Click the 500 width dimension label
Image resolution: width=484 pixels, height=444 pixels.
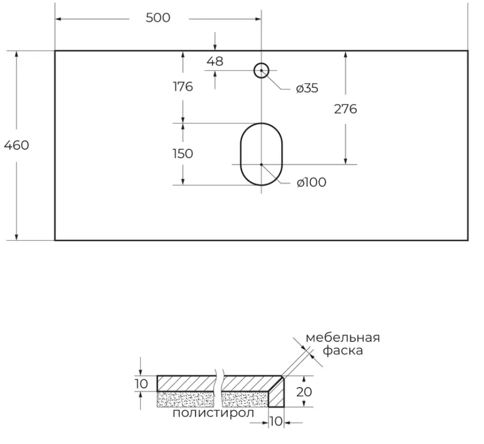tap(158, 18)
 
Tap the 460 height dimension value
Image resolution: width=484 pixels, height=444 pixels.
tap(16, 145)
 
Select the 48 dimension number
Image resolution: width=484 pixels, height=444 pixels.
tap(215, 61)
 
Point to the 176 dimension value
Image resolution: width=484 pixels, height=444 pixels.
tap(183, 87)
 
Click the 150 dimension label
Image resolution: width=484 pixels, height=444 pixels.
tap(183, 153)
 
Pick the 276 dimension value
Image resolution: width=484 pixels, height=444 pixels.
tap(345, 109)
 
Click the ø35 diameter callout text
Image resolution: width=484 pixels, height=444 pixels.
tap(307, 88)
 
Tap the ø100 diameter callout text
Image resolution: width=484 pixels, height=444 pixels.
tap(311, 183)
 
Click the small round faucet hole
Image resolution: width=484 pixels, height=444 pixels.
tap(262, 64)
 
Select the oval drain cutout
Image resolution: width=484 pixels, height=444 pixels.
tap(241, 155)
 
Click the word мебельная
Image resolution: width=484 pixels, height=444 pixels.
tap(343, 338)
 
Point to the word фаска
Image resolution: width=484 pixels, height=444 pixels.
tap(343, 350)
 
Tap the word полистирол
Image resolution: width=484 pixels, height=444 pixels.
tap(213, 413)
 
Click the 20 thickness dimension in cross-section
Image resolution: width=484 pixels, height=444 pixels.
tap(304, 392)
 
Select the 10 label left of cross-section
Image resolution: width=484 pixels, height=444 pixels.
tap(141, 384)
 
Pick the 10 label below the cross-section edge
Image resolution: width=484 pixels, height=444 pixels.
tap(276, 421)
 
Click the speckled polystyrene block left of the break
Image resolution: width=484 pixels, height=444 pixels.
tap(185, 399)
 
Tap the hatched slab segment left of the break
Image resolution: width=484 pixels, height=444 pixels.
tap(186, 384)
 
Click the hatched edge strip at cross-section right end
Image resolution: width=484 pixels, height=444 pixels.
tap(276, 395)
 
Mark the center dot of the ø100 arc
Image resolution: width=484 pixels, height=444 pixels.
tap(261, 165)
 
